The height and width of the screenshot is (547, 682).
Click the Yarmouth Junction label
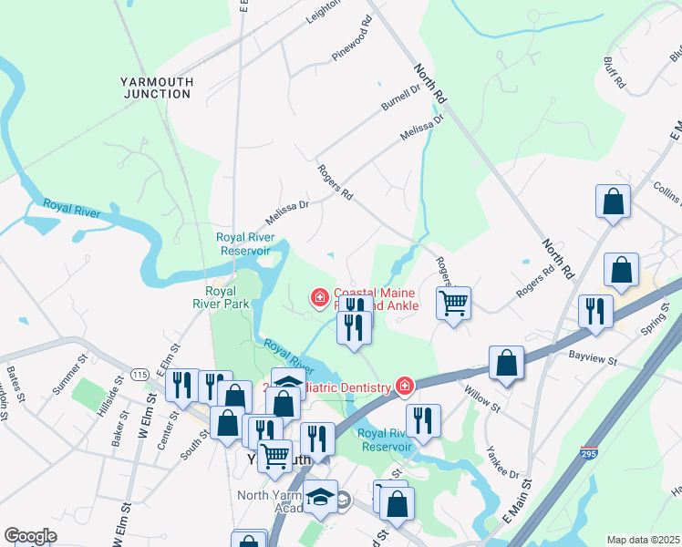point(157,88)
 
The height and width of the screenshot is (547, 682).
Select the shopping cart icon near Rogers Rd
point(453,302)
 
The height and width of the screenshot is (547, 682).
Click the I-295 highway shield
point(588,450)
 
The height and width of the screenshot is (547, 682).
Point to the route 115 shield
point(139,375)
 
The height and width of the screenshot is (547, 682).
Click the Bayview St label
point(593,356)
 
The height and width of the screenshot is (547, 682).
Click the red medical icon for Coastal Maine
point(319,297)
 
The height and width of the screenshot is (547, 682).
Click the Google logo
point(30,536)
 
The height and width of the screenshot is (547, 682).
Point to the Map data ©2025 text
point(643,540)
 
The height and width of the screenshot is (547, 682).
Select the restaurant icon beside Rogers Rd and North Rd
point(593,311)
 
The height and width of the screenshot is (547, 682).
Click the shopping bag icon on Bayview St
point(506,362)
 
